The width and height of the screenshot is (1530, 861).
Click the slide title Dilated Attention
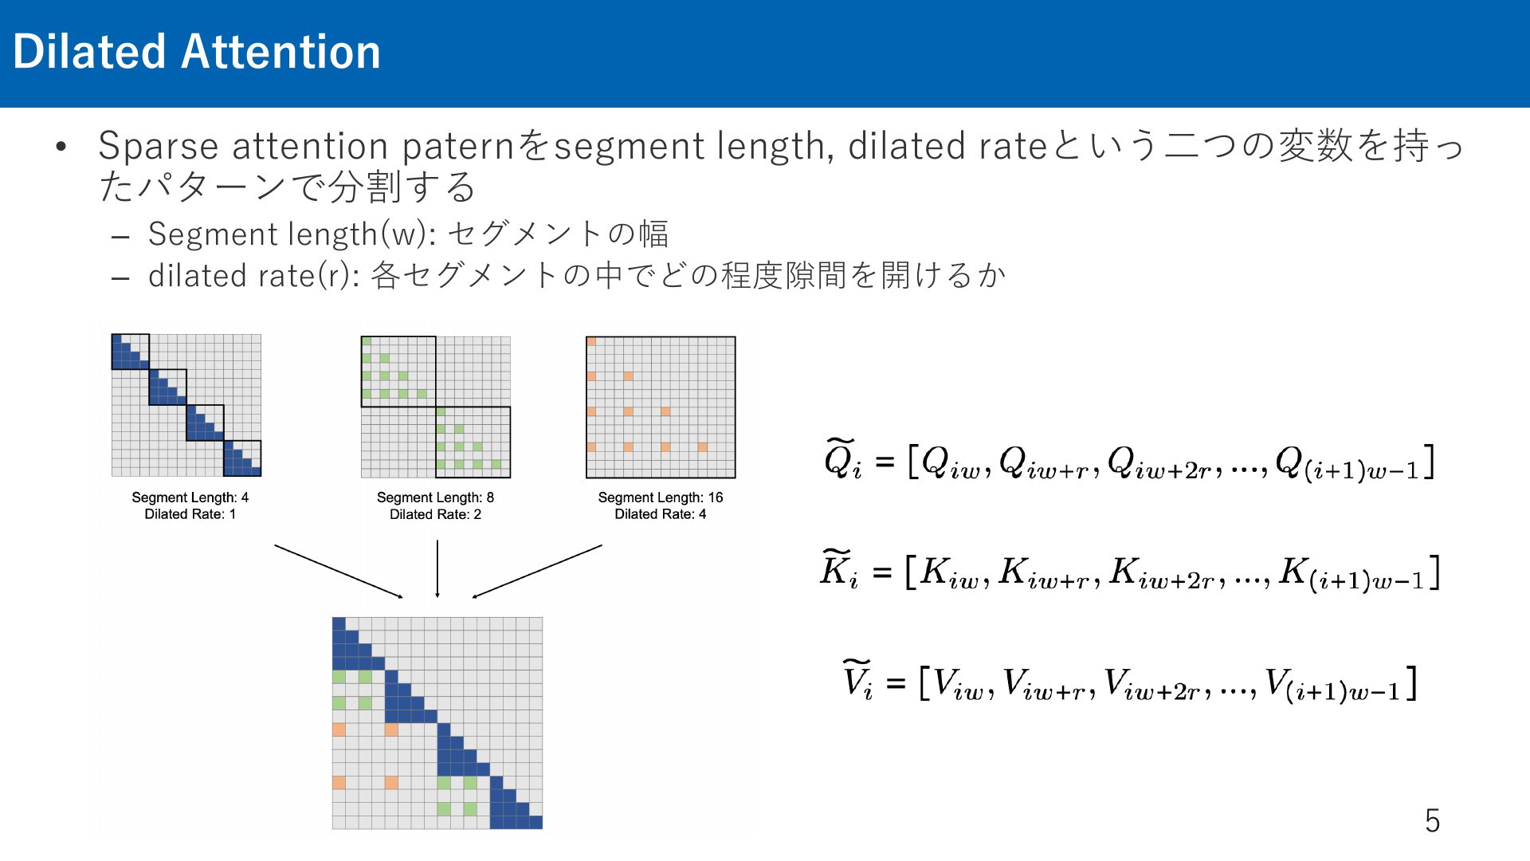197,52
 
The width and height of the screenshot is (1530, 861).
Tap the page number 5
1432,820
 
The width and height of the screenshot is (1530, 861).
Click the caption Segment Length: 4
190,497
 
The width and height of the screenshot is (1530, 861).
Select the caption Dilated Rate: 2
435,514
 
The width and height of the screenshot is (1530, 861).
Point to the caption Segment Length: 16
661,497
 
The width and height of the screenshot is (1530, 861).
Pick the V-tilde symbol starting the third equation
857,680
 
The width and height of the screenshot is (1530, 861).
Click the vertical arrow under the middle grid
437,568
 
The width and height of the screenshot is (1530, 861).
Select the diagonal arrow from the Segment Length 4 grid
339,571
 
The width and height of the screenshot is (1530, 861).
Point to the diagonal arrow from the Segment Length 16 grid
537,571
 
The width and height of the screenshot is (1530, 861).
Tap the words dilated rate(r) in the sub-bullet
253,275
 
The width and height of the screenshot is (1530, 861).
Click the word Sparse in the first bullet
159,147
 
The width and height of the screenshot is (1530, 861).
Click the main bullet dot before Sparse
61,147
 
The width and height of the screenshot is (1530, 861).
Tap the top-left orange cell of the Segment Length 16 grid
591,341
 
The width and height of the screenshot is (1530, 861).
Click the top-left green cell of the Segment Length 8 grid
367,341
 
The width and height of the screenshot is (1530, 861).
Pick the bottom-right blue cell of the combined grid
535,822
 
